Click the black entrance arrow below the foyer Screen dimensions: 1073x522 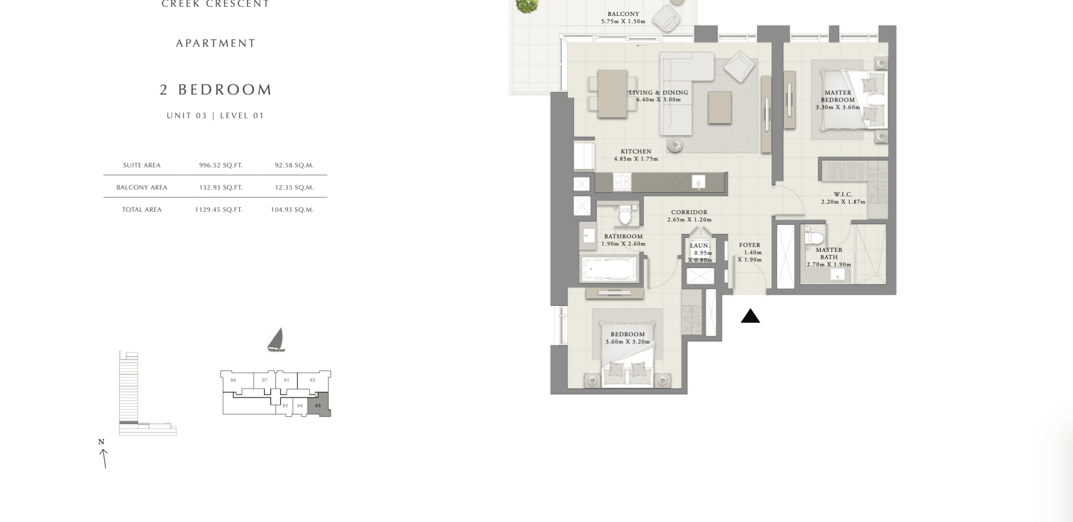click(750, 316)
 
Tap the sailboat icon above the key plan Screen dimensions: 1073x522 click(276, 340)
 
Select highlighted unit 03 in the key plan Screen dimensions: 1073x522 click(319, 405)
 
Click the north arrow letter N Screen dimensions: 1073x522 click(101, 442)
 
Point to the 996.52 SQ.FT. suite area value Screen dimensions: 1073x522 click(221, 165)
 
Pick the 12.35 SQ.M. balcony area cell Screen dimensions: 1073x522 click(294, 188)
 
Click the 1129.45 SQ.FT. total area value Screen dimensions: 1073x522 click(218, 210)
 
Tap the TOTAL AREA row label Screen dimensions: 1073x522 click(142, 210)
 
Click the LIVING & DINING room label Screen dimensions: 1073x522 click(658, 93)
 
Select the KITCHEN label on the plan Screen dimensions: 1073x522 click(636, 152)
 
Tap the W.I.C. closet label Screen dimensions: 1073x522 click(843, 194)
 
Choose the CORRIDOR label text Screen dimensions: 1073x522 click(689, 212)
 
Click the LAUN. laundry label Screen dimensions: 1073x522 click(700, 246)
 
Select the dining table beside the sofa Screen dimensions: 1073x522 click(613, 94)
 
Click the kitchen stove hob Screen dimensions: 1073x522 click(622, 182)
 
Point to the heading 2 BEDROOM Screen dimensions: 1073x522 click(216, 89)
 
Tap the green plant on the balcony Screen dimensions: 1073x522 click(527, 6)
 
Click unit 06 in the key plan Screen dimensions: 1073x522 click(233, 380)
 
